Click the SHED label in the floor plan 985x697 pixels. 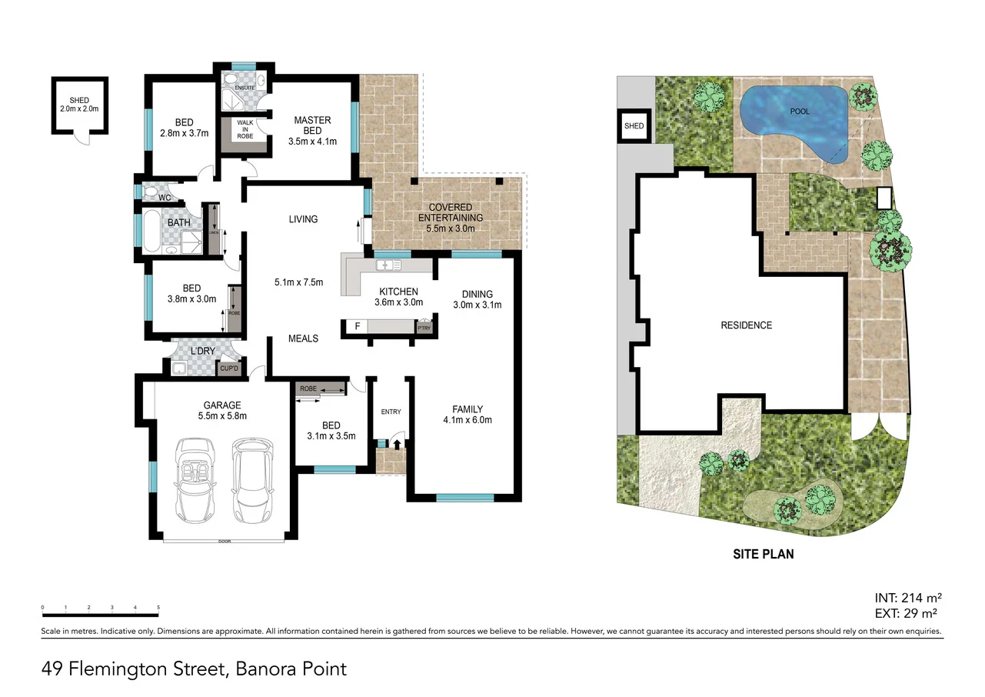pyautogui.click(x=79, y=100)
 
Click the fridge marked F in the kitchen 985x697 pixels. pyautogui.click(x=357, y=327)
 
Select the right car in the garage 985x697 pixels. pyautogui.click(x=252, y=478)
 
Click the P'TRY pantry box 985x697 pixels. pyautogui.click(x=424, y=328)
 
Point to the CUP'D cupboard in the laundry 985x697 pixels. pyautogui.click(x=228, y=369)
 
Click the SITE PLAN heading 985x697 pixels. pyautogui.click(x=762, y=554)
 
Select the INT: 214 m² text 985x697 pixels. pyautogui.click(x=908, y=598)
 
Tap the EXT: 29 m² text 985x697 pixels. pyautogui.click(x=908, y=613)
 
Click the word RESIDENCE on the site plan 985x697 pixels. pyautogui.click(x=746, y=325)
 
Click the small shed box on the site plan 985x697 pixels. pyautogui.click(x=634, y=126)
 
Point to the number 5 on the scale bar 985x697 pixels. pyautogui.click(x=158, y=608)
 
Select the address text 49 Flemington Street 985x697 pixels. pyautogui.click(x=131, y=669)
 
